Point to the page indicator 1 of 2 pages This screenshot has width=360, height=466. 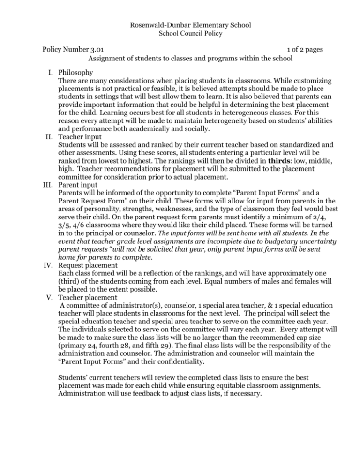click(288, 49)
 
